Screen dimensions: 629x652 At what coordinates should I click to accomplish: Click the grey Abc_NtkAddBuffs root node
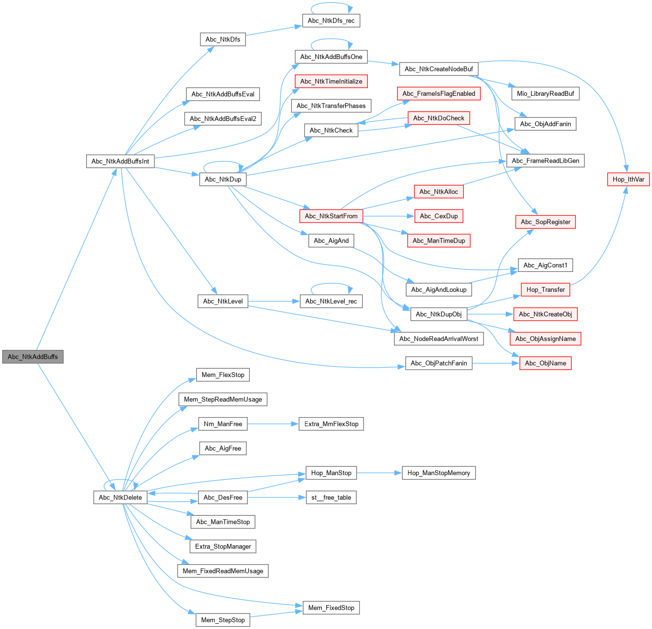[33, 357]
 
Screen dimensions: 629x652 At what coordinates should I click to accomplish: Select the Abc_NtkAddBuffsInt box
[121, 161]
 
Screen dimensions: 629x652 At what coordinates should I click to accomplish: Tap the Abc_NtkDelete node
[121, 497]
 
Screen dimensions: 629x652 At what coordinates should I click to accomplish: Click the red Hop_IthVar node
[628, 179]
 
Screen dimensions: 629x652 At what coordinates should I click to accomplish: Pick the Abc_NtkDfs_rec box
[331, 21]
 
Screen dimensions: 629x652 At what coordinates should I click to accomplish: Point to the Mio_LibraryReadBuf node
[546, 93]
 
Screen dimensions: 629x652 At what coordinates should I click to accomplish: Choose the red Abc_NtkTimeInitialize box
[331, 81]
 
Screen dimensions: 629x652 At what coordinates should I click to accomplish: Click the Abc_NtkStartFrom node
[331, 216]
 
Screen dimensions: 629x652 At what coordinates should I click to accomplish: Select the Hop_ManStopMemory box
[439, 473]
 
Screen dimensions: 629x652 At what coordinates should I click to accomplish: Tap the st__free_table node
[331, 497]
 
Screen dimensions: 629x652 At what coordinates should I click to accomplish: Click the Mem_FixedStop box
[331, 608]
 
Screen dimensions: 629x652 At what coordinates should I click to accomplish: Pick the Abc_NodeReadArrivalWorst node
[439, 339]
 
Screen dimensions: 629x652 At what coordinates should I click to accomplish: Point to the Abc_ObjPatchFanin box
[439, 363]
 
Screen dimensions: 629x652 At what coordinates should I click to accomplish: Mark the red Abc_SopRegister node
[546, 222]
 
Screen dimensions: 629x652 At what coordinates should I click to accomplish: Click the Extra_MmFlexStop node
[331, 424]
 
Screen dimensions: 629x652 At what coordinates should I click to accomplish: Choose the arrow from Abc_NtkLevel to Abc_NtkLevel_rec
[273, 301]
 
